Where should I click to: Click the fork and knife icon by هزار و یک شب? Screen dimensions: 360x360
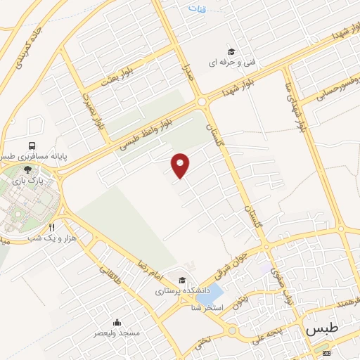coord(51,228)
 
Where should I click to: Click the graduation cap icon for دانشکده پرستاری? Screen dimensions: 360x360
coord(183,279)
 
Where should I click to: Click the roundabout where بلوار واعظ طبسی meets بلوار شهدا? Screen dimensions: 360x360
coord(202,102)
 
